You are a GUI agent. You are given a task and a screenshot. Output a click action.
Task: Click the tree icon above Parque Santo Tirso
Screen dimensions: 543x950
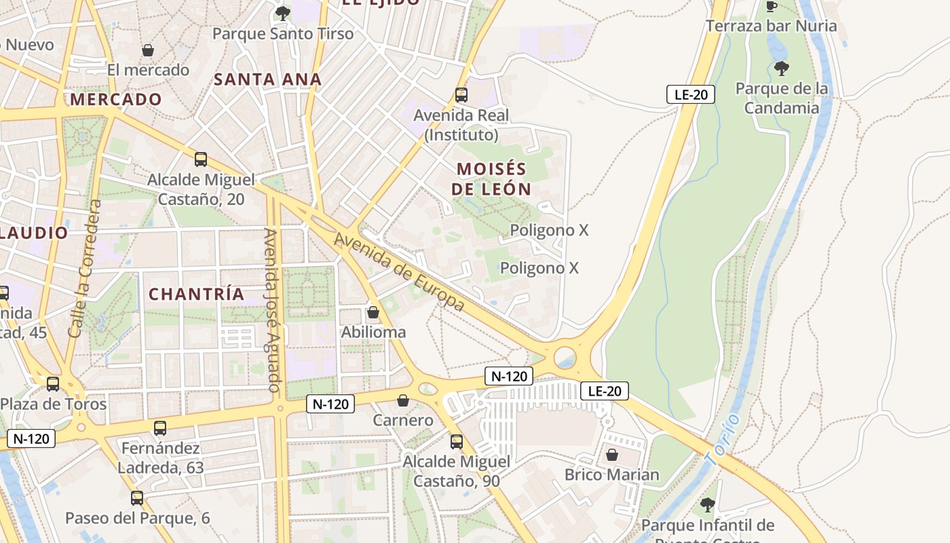coord(282,13)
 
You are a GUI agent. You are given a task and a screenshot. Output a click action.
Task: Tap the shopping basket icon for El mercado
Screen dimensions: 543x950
coord(147,50)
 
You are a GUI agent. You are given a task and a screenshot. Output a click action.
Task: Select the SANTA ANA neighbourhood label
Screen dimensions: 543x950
coord(268,79)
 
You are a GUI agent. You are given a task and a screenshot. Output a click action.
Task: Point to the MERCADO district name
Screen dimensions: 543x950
coord(116,100)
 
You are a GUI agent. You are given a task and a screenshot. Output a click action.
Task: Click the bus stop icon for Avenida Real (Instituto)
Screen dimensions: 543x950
coord(461,95)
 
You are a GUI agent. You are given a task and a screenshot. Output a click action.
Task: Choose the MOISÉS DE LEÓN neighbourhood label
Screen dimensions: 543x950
coord(491,179)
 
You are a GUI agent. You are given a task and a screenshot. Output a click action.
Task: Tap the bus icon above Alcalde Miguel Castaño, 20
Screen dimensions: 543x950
coord(201,160)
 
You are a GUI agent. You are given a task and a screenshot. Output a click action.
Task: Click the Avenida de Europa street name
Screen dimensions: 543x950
coord(400,272)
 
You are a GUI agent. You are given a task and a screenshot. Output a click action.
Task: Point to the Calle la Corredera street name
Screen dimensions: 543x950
coord(85,269)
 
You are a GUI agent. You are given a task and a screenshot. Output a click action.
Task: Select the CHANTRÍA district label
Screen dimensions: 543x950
coord(196,294)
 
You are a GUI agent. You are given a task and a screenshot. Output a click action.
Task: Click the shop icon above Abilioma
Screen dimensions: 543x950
coord(373,312)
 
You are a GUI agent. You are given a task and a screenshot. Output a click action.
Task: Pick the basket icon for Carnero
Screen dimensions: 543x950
coord(403,400)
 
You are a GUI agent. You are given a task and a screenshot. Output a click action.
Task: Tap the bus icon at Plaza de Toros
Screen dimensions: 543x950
coord(53,383)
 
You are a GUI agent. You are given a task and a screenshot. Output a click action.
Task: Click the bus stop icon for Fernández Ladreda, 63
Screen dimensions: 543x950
coord(160,428)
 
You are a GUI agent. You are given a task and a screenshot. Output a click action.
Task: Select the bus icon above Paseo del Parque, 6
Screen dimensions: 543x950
coord(137,498)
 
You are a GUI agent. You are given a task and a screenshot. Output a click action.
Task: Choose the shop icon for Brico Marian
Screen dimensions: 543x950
coord(612,455)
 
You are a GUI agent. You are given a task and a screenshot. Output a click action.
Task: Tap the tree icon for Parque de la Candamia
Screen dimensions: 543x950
coord(782,68)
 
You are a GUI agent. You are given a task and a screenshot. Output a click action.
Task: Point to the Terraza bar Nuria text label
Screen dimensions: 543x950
coord(772,26)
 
